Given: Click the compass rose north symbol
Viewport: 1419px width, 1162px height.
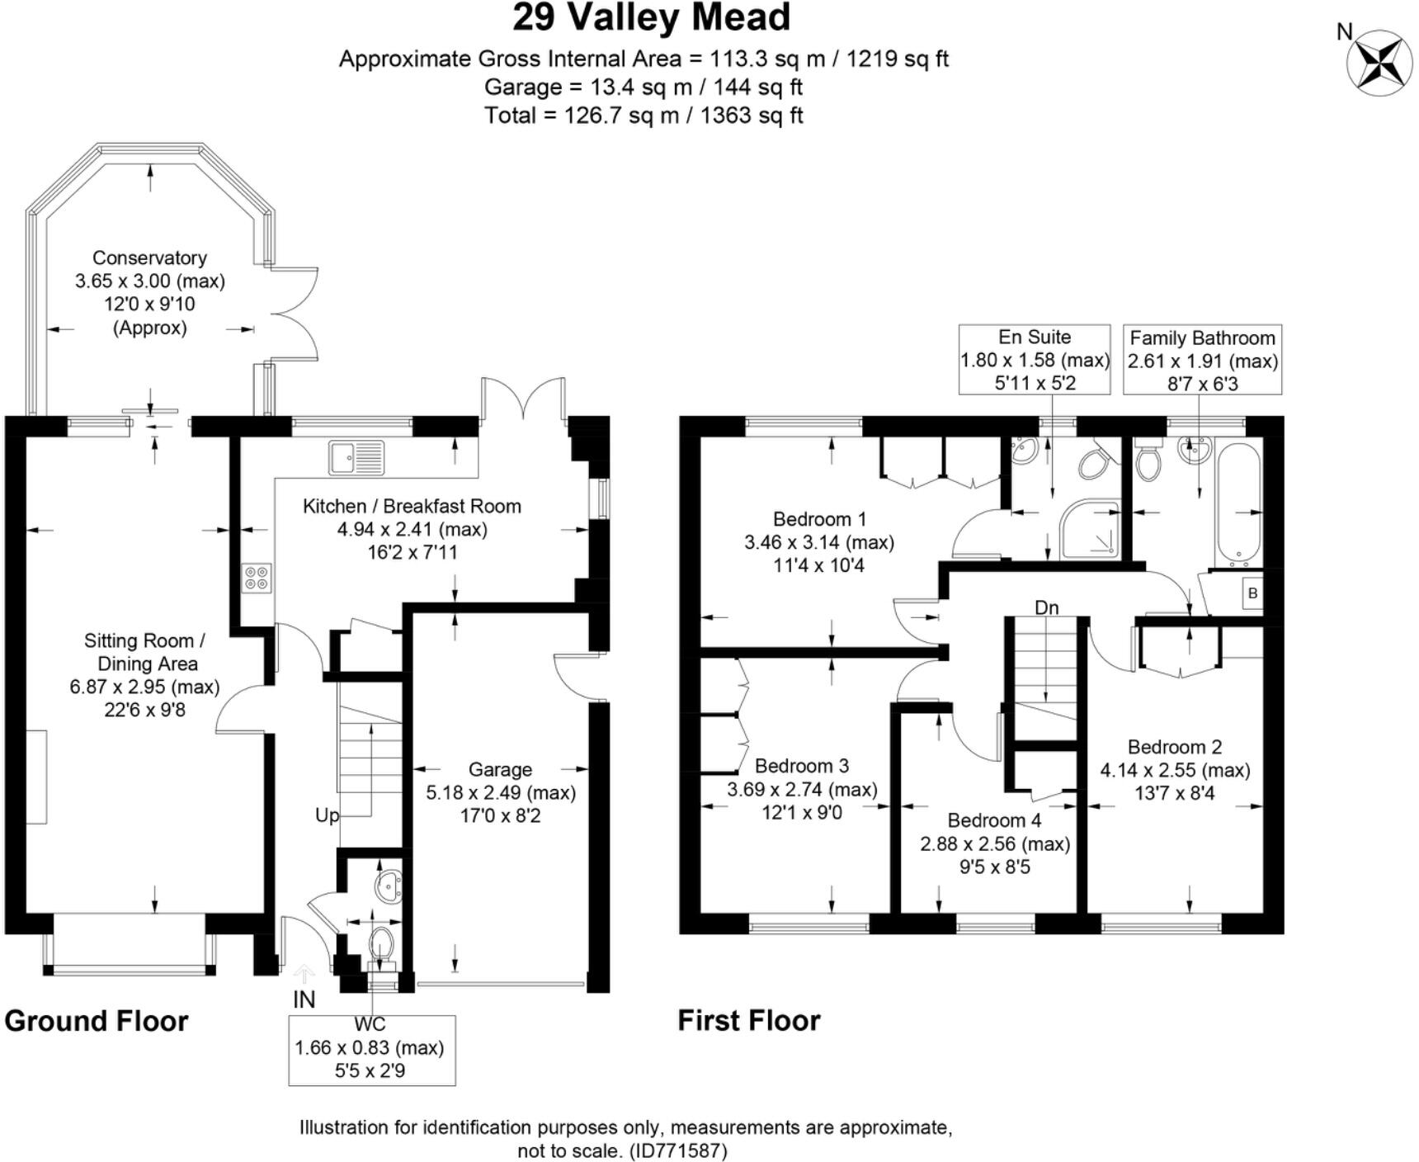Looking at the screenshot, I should tap(1379, 60).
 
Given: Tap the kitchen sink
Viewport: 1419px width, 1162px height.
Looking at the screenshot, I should tap(356, 457).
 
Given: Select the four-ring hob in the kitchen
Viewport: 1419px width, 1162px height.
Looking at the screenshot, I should tap(257, 577).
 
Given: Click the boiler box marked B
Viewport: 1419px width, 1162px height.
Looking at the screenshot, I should tap(1252, 593).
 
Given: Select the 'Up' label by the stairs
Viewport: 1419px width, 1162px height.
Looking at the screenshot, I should tap(327, 815).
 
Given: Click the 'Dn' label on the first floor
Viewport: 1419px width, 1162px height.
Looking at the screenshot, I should tap(1046, 607).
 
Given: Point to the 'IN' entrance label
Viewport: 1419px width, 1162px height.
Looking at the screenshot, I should tap(304, 999).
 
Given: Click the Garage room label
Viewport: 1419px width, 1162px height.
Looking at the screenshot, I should tap(500, 769).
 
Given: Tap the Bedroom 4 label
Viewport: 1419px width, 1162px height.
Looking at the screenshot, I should tap(994, 820).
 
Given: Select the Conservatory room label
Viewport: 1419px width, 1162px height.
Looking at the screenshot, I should tap(149, 257).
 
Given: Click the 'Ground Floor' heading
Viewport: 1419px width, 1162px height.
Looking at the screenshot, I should tap(97, 1021).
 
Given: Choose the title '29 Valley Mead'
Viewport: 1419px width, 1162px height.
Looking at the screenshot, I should tap(652, 17).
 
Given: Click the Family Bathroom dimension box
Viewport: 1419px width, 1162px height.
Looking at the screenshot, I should tap(1202, 360).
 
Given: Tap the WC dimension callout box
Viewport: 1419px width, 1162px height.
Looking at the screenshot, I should tap(370, 1049).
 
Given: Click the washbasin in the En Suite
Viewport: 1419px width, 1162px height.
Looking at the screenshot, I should tap(1024, 451).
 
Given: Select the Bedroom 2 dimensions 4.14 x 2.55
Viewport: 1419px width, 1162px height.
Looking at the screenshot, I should tap(1174, 770).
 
